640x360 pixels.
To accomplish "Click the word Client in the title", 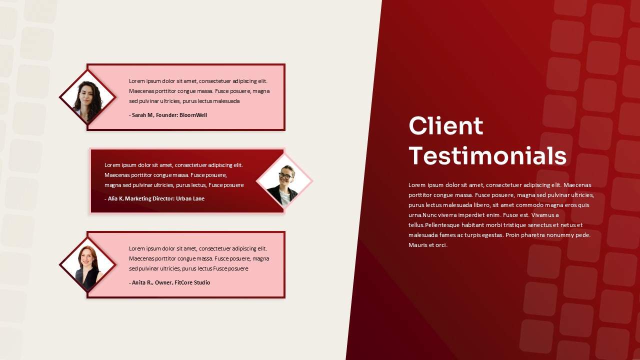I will (445, 125).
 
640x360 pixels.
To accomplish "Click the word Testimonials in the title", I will (487, 155).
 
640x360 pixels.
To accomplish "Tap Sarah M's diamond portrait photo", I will (88, 97).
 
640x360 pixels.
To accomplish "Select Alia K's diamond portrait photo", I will (284, 181).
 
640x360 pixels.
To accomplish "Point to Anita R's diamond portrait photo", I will (88, 265).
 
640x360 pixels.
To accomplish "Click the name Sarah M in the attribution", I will (142, 115).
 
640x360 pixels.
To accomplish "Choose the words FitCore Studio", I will (192, 282).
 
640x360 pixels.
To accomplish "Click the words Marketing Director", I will (148, 198).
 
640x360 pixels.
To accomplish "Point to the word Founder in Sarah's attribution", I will (166, 115).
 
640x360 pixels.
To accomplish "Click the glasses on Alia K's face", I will (285, 175).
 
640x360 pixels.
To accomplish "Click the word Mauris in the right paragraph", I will (417, 245).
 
